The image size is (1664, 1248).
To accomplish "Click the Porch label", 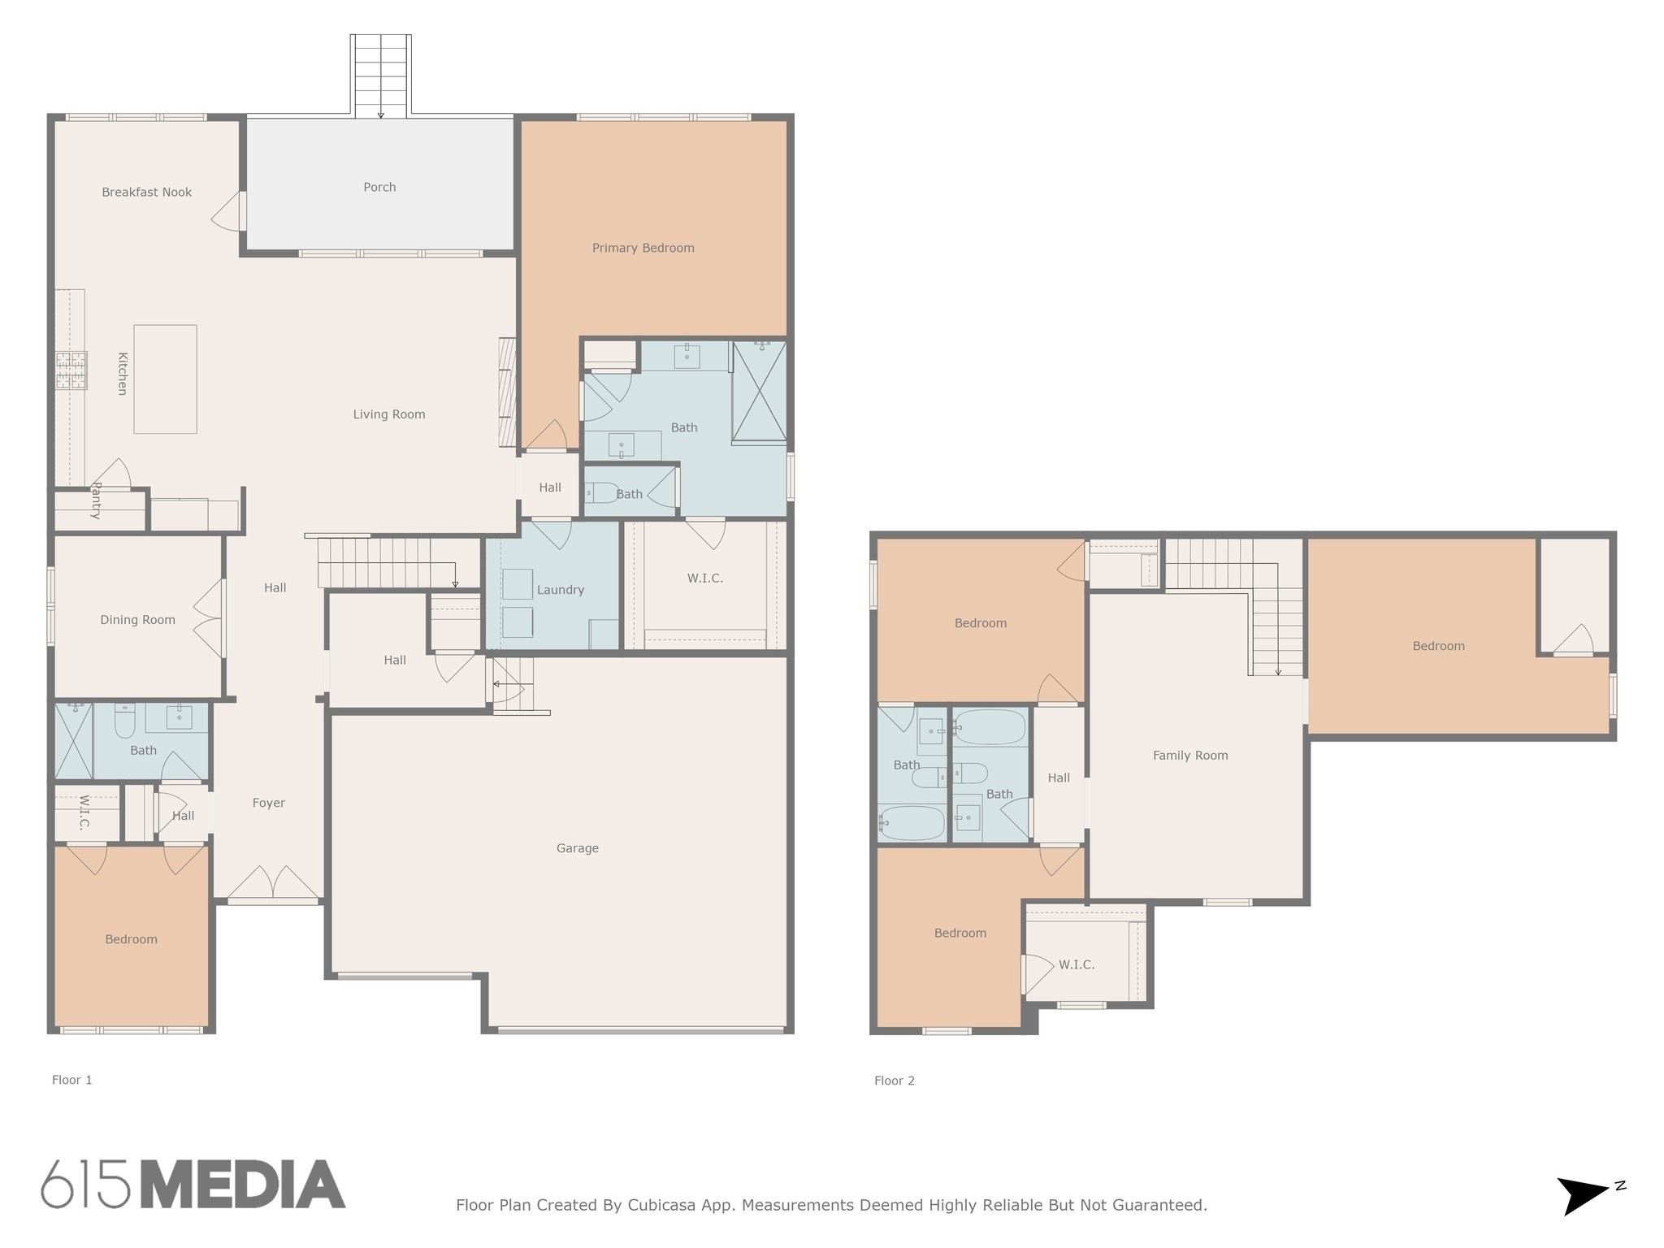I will pyautogui.click(x=379, y=188).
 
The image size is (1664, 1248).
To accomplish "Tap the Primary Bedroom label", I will pyautogui.click(x=643, y=249).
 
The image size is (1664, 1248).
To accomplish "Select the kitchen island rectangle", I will pyautogui.click(x=165, y=379).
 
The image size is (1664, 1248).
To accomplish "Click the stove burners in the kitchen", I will pyautogui.click(x=71, y=370).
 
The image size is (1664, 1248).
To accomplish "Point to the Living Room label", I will pyautogui.click(x=388, y=414).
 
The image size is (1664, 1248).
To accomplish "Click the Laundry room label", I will pyautogui.click(x=560, y=590).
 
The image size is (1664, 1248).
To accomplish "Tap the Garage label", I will pyautogui.click(x=577, y=848).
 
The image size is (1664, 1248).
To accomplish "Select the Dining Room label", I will pyautogui.click(x=137, y=620).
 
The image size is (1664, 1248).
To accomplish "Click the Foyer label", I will pyautogui.click(x=268, y=803).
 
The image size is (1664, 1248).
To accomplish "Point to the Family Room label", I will pyautogui.click(x=1189, y=756).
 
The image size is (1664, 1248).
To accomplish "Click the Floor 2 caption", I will pyautogui.click(x=894, y=1081).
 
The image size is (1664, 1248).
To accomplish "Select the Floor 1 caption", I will pyautogui.click(x=71, y=1080).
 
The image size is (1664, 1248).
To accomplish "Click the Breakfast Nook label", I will pyautogui.click(x=146, y=193).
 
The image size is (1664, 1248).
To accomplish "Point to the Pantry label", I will pyautogui.click(x=96, y=500).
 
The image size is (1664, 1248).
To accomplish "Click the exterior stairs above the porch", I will pyautogui.click(x=380, y=75).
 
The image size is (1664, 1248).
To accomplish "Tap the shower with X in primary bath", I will pyautogui.click(x=759, y=392).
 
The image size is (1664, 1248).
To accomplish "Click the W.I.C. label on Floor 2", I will pyautogui.click(x=1076, y=965).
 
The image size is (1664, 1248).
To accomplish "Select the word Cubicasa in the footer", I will pyautogui.click(x=661, y=1205).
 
